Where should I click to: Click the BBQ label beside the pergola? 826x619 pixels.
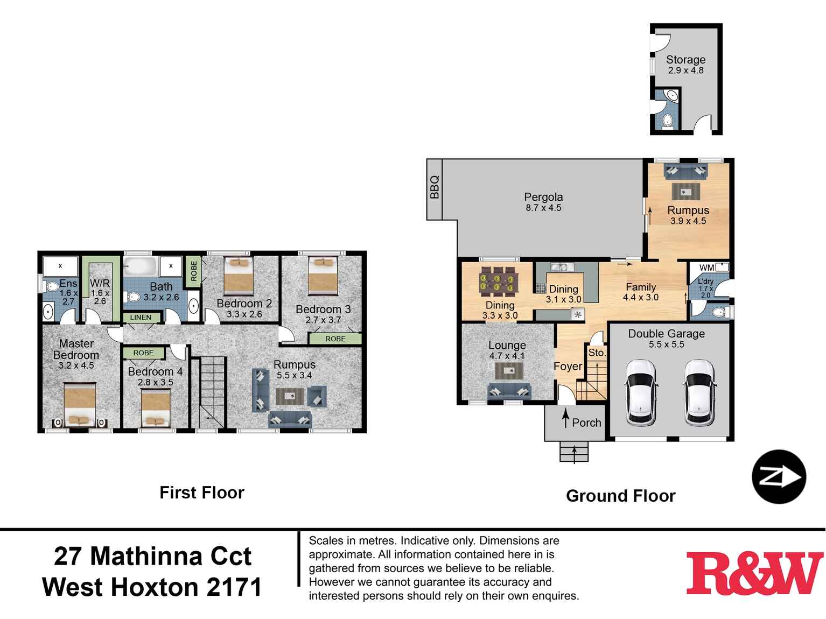(435, 188)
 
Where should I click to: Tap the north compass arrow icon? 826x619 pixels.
(779, 477)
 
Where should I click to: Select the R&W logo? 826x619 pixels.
(754, 573)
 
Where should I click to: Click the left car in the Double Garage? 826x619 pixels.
(641, 392)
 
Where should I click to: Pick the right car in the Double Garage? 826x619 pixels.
(699, 392)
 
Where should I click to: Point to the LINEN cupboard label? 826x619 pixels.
(141, 318)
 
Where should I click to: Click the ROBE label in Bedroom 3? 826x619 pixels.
(335, 339)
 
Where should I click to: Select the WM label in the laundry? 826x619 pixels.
(706, 268)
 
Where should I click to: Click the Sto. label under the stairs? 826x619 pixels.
(597, 353)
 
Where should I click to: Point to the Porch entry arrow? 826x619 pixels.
(565, 419)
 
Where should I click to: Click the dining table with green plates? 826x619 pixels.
(499, 283)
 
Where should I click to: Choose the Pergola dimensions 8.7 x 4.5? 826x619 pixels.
(543, 208)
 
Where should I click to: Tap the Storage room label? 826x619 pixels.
(685, 60)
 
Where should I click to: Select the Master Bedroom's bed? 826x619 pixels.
(79, 404)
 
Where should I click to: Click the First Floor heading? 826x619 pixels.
(202, 493)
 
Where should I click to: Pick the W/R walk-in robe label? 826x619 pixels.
(100, 283)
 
